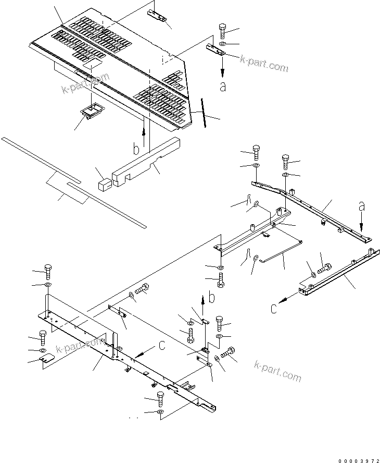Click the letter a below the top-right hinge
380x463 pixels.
[x=223, y=87]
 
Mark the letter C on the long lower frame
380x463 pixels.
[x=162, y=345]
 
